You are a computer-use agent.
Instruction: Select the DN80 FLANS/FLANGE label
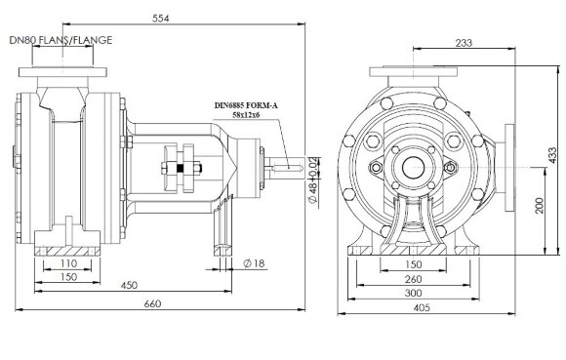[60, 40]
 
